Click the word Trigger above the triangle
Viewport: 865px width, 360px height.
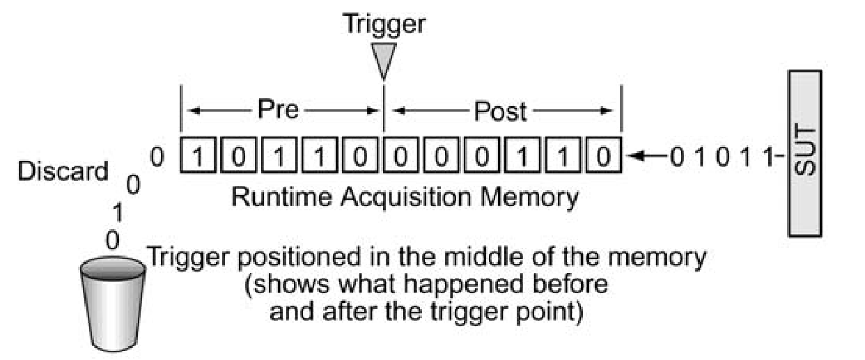coord(384,24)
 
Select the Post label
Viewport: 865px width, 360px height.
coord(500,110)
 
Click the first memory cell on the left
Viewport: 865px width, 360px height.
coord(197,154)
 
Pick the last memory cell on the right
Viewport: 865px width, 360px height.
coord(604,154)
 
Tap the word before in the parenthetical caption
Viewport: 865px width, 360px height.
coord(568,284)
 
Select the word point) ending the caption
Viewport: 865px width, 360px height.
coord(547,311)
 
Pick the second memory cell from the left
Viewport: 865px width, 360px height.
coord(238,154)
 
